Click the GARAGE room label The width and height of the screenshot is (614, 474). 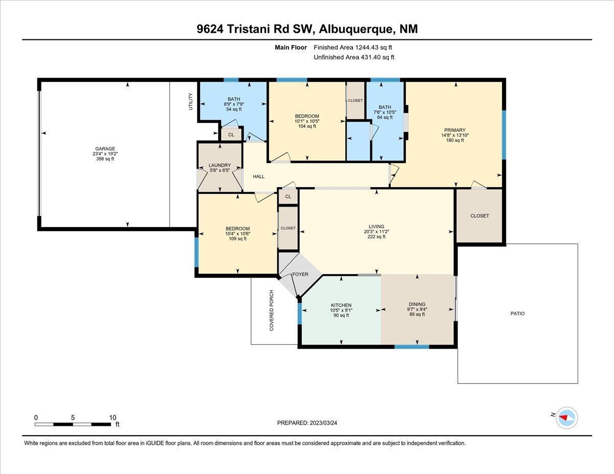tap(105, 148)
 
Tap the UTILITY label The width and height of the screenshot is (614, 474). tap(190, 102)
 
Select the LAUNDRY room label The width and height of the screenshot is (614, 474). tap(220, 165)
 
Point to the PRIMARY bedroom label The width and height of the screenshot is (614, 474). tap(455, 130)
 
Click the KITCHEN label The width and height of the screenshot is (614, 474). tap(341, 305)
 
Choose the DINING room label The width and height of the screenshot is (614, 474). tap(417, 304)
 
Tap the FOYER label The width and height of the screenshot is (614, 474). tap(300, 274)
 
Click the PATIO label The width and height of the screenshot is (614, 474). tap(517, 313)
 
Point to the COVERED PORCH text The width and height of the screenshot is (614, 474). tap(272, 310)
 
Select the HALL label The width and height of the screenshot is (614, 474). tap(258, 176)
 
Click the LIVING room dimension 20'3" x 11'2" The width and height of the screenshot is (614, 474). tap(377, 232)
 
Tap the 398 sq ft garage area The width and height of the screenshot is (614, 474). tap(105, 159)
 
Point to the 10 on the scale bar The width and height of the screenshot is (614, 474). tap(113, 418)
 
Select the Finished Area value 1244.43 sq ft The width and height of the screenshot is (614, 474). tap(374, 48)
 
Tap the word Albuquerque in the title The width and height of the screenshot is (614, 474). tap(356, 29)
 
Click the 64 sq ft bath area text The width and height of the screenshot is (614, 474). tap(385, 117)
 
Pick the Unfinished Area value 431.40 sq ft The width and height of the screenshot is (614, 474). tap(378, 57)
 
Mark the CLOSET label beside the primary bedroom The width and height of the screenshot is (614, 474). tap(479, 216)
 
